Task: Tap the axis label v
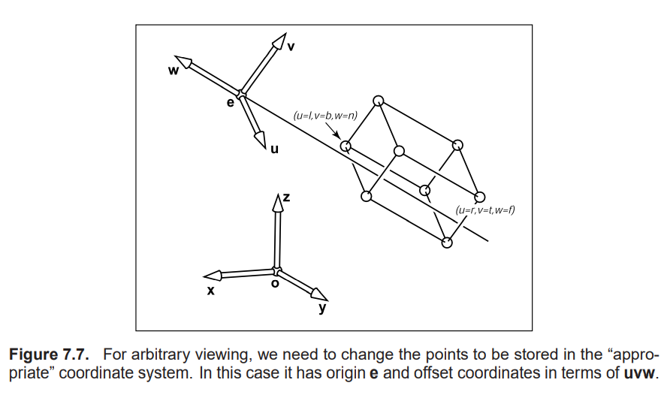[291, 47]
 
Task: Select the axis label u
[274, 149]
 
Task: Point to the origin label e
[231, 102]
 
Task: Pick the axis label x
[211, 290]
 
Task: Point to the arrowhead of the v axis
[280, 40]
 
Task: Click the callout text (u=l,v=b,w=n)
[325, 116]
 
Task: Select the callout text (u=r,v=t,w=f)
[484, 211]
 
